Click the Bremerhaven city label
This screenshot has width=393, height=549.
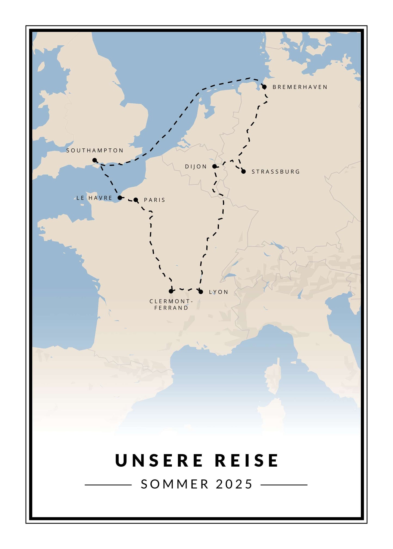pos(300,87)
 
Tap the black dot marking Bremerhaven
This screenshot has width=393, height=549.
pos(264,87)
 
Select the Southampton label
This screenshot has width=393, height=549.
pos(95,151)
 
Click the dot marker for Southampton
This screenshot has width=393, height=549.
pos(95,160)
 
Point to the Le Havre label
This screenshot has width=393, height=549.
pos(94,198)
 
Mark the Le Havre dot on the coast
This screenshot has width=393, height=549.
pos(120,198)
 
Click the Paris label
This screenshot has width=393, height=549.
pos(154,200)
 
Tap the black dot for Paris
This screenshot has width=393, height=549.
pos(136,200)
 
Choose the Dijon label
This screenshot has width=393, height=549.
pos(196,167)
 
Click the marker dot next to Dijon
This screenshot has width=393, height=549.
pos(215,166)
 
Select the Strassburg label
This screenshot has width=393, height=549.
pos(276,172)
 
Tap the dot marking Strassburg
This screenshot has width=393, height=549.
pos(243,171)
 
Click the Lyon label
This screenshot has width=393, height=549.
pos(218,292)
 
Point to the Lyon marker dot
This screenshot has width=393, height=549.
pos(201,292)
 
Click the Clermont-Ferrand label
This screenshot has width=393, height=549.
pos(171,305)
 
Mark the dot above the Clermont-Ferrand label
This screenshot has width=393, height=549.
pos(171,291)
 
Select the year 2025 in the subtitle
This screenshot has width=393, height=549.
pos(234,484)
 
